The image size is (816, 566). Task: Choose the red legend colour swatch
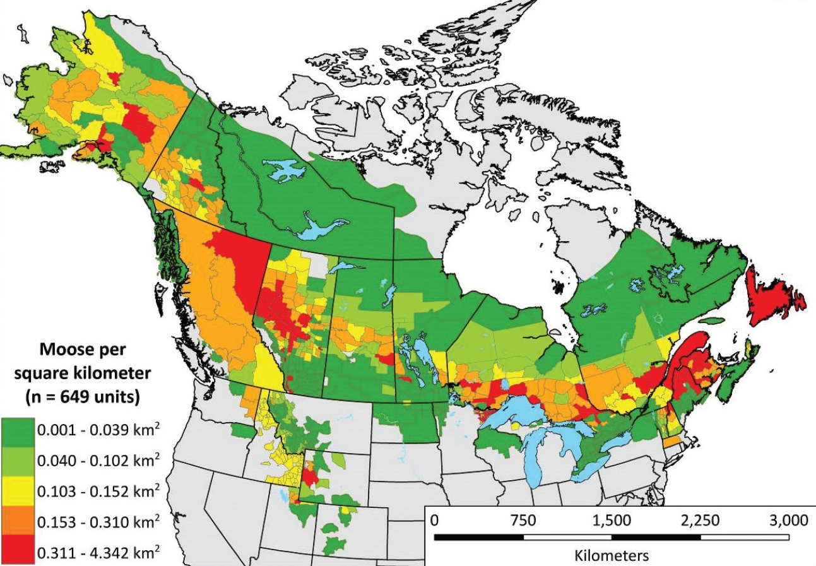pos(18,551)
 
